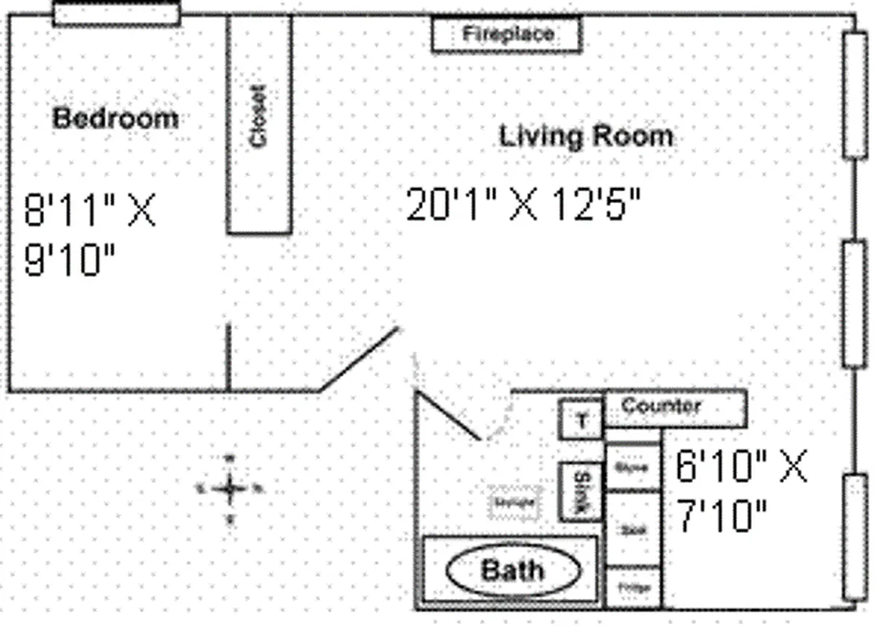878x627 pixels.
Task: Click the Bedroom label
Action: click(115, 118)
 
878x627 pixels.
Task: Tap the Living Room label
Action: click(586, 136)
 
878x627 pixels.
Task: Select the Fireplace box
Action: click(507, 34)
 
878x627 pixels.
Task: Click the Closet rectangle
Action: click(259, 124)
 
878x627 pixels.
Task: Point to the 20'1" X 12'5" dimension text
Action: click(523, 206)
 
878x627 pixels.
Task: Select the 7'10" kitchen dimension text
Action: click(721, 517)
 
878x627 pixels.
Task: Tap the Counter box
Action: click(674, 408)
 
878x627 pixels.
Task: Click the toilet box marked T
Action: click(581, 419)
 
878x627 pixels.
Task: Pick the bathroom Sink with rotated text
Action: click(581, 492)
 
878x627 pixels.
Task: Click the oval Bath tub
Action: click(513, 571)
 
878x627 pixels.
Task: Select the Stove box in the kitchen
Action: click(632, 468)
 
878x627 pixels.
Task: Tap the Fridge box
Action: click(632, 587)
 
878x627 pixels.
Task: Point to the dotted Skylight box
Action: click(514, 502)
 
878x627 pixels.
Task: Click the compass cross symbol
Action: click(230, 489)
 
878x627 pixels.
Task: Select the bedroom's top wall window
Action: click(116, 13)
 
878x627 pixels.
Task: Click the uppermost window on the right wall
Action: click(855, 95)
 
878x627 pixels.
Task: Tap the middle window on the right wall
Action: click(855, 304)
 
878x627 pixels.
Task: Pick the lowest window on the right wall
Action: click(855, 538)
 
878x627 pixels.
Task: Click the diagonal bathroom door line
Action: click(447, 415)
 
